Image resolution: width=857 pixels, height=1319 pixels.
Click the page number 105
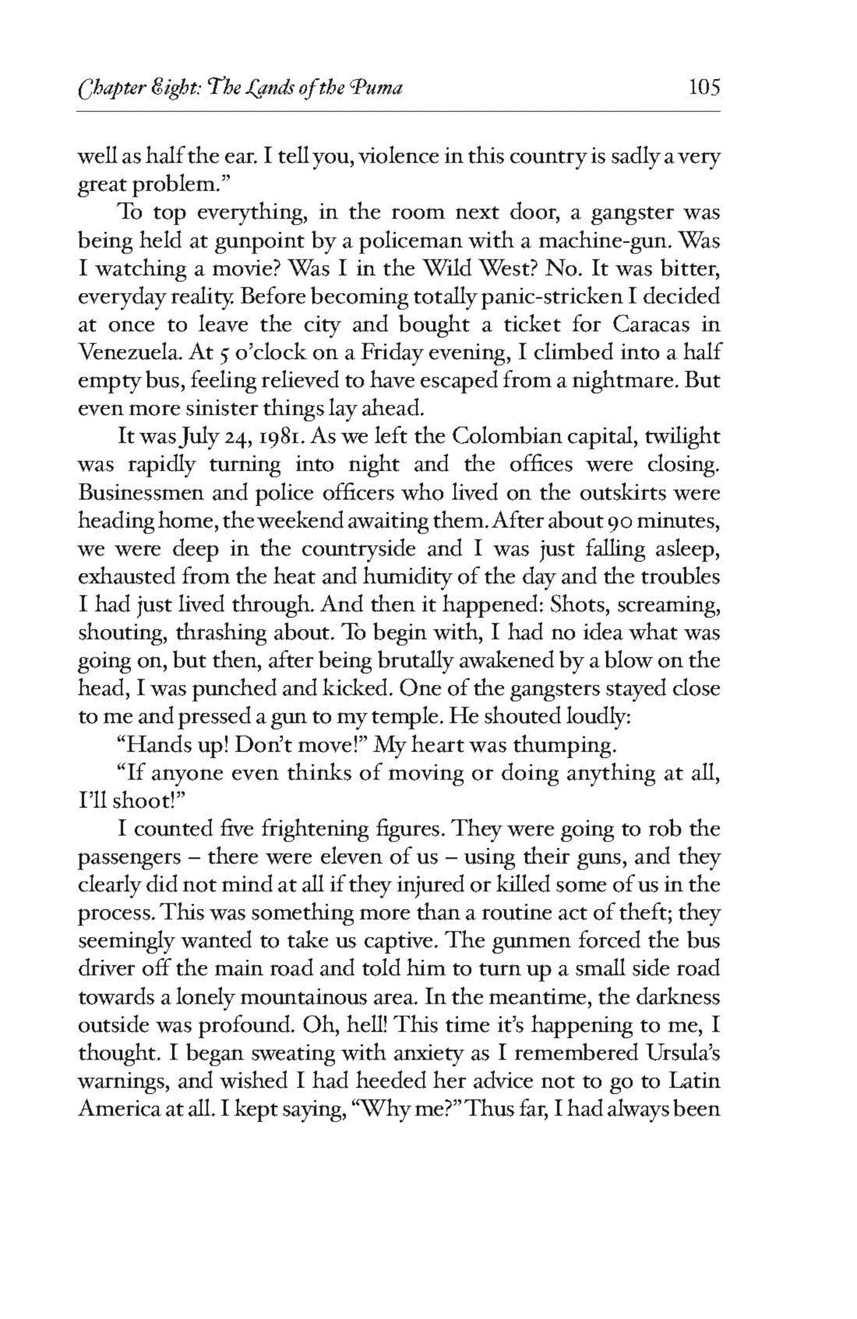pyautogui.click(x=704, y=88)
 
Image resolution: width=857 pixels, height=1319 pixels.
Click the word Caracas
pyautogui.click(x=645, y=324)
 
